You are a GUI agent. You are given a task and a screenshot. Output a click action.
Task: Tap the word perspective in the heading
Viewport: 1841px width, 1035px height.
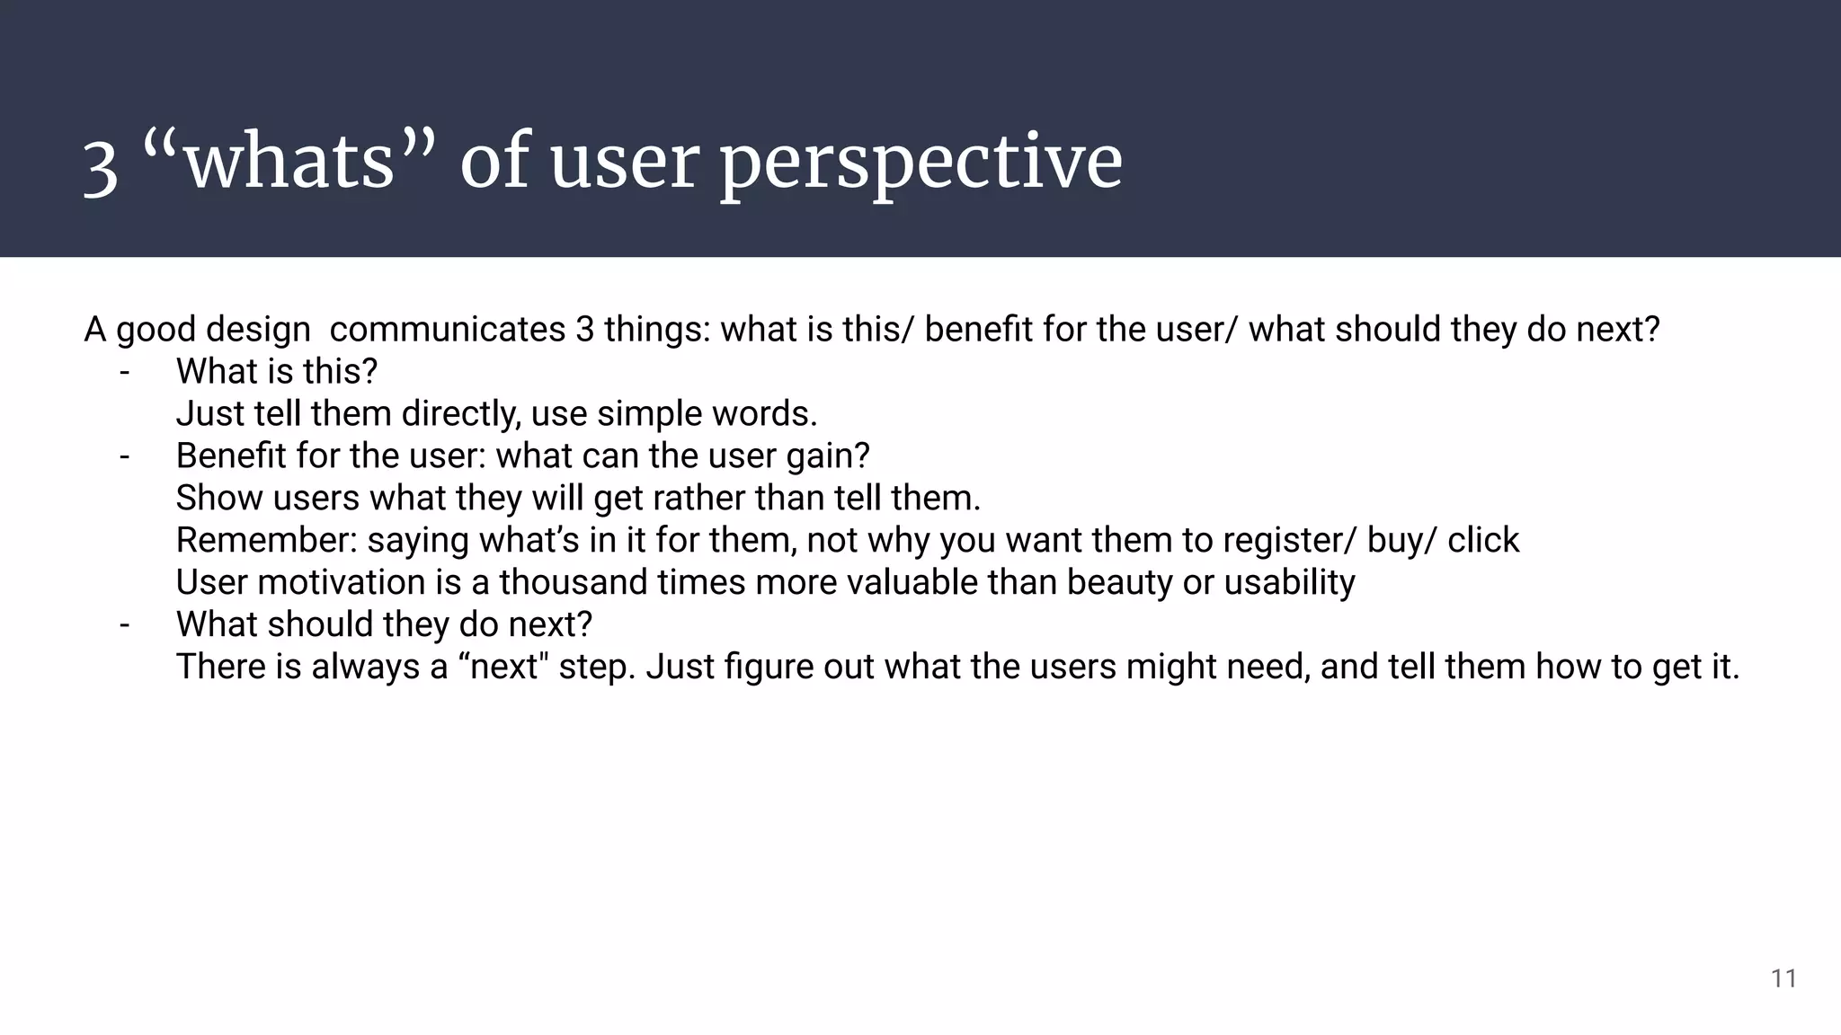point(920,164)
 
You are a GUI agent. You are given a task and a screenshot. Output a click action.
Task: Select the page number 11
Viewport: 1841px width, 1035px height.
point(1783,978)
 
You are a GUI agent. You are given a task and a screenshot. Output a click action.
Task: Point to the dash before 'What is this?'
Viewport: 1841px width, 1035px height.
point(124,372)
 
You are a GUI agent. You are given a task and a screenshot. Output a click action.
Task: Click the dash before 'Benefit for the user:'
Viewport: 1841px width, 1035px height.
point(124,456)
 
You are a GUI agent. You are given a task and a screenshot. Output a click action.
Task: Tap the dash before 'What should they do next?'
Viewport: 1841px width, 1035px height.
point(124,624)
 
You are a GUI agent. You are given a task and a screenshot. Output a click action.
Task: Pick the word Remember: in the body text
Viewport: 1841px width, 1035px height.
point(266,541)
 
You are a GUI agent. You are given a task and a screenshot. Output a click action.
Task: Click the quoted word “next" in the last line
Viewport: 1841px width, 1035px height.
point(503,668)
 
